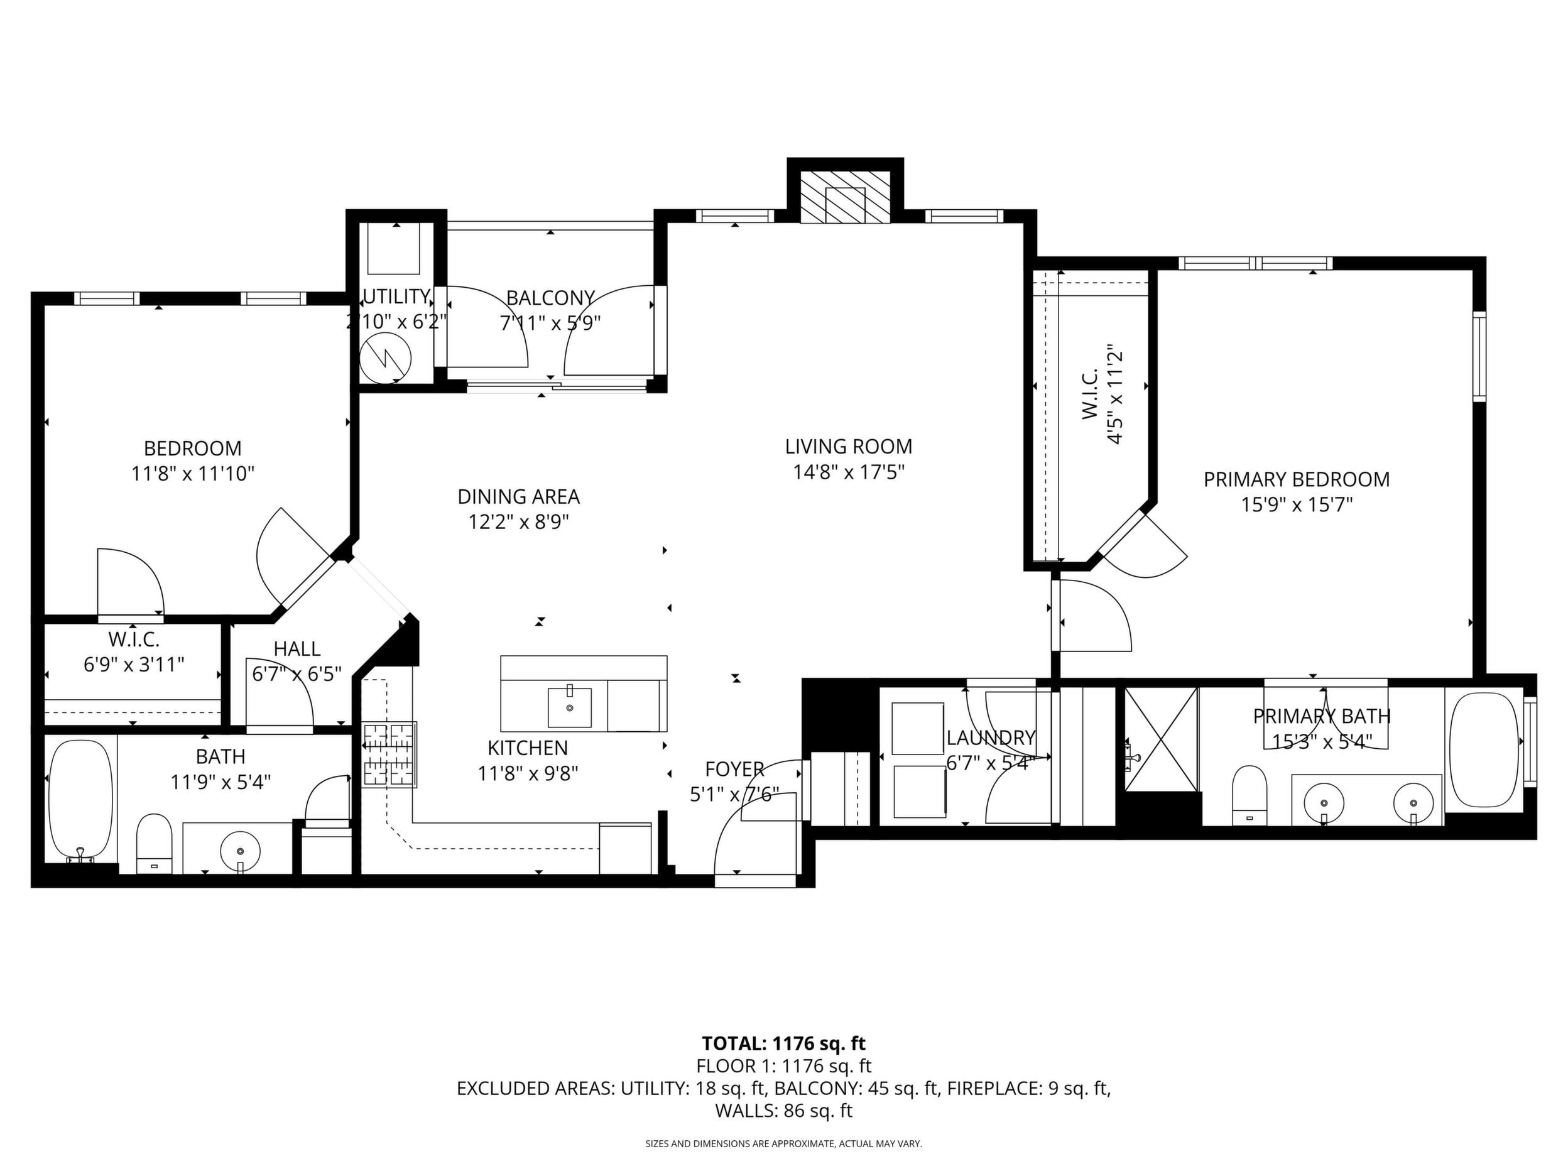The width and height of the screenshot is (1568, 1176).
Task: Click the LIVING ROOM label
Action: point(848,447)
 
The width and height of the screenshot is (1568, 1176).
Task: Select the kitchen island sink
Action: point(569,707)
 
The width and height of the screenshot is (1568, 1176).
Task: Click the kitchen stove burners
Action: point(389,754)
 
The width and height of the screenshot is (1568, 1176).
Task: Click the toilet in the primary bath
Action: point(1249,795)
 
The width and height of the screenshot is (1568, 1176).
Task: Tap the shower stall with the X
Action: point(1162,739)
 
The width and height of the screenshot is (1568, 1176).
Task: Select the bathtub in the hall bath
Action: point(81,801)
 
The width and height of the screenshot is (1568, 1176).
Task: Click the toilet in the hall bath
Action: point(154,844)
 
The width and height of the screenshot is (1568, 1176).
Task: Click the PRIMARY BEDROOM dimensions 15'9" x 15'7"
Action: point(1297,504)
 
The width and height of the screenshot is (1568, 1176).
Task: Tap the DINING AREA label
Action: point(518,496)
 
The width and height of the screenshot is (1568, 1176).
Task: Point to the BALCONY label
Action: point(550,297)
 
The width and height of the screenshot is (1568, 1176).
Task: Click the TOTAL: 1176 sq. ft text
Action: point(783,1043)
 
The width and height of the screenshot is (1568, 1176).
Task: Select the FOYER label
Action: point(734,769)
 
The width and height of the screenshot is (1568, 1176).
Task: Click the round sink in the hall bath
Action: point(241,850)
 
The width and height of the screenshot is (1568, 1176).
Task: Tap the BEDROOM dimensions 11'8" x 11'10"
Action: point(193,474)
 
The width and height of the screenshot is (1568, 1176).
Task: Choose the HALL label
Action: point(297,648)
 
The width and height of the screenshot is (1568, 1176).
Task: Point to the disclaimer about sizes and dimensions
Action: point(783,1143)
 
